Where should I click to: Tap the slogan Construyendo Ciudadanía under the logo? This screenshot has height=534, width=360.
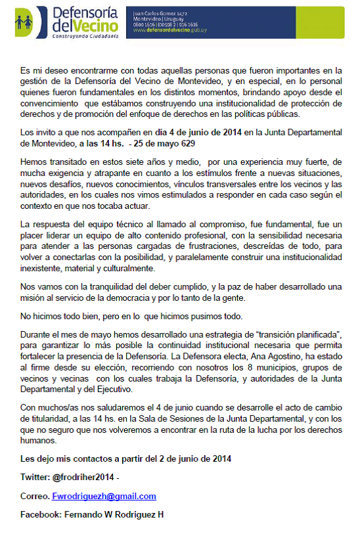click(85, 37)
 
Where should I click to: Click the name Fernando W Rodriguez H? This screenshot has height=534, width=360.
click(114, 514)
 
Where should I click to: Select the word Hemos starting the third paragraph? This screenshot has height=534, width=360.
click(35, 162)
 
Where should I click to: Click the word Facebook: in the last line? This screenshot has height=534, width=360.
click(40, 514)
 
